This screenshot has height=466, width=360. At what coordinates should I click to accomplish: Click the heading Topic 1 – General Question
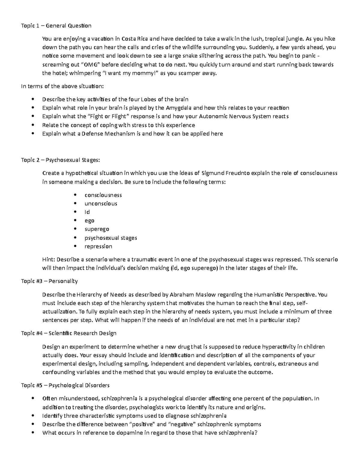click(x=56, y=26)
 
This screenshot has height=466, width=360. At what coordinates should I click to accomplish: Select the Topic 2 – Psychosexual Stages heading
click(x=60, y=160)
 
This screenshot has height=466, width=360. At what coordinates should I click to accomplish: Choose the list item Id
click(x=87, y=212)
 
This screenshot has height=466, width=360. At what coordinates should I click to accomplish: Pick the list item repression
click(x=98, y=246)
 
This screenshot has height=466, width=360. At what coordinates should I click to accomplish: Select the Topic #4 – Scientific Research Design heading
click(x=69, y=333)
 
